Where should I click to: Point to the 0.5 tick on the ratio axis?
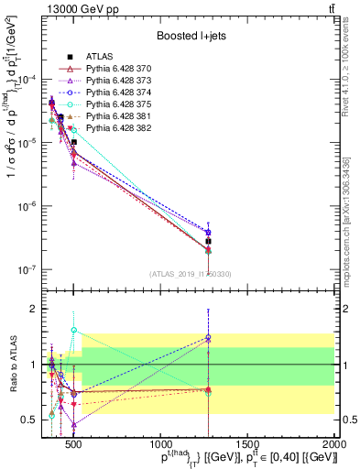pyautogui.click(x=27, y=420)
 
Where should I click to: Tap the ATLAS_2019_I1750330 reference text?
pyautogui.click(x=190, y=274)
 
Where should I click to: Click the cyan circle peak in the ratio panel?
pyautogui.click(x=73, y=330)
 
